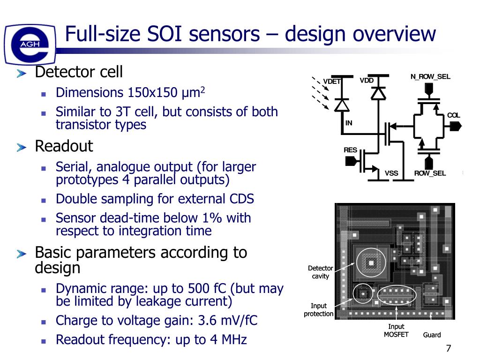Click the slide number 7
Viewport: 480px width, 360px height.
coord(449,348)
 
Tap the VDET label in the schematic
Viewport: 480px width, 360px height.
coord(332,82)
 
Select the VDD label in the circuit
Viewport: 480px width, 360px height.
coord(367,80)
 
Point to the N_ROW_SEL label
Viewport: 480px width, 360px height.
coord(430,76)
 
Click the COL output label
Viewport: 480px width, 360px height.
coord(453,115)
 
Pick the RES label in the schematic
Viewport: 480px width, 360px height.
coord(350,150)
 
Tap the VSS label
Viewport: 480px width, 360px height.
coord(391,173)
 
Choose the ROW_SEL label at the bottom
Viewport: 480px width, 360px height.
coord(430,173)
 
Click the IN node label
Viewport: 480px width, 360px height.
coord(349,123)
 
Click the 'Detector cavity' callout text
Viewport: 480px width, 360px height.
coord(321,272)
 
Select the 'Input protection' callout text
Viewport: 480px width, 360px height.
coord(319,310)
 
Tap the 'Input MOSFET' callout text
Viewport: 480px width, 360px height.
coord(396,330)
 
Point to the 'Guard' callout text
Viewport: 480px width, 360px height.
coord(432,335)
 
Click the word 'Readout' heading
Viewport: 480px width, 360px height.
coord(64,146)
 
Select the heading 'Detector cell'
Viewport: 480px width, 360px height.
coord(79,72)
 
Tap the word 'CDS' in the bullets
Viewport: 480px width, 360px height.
coord(241,199)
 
